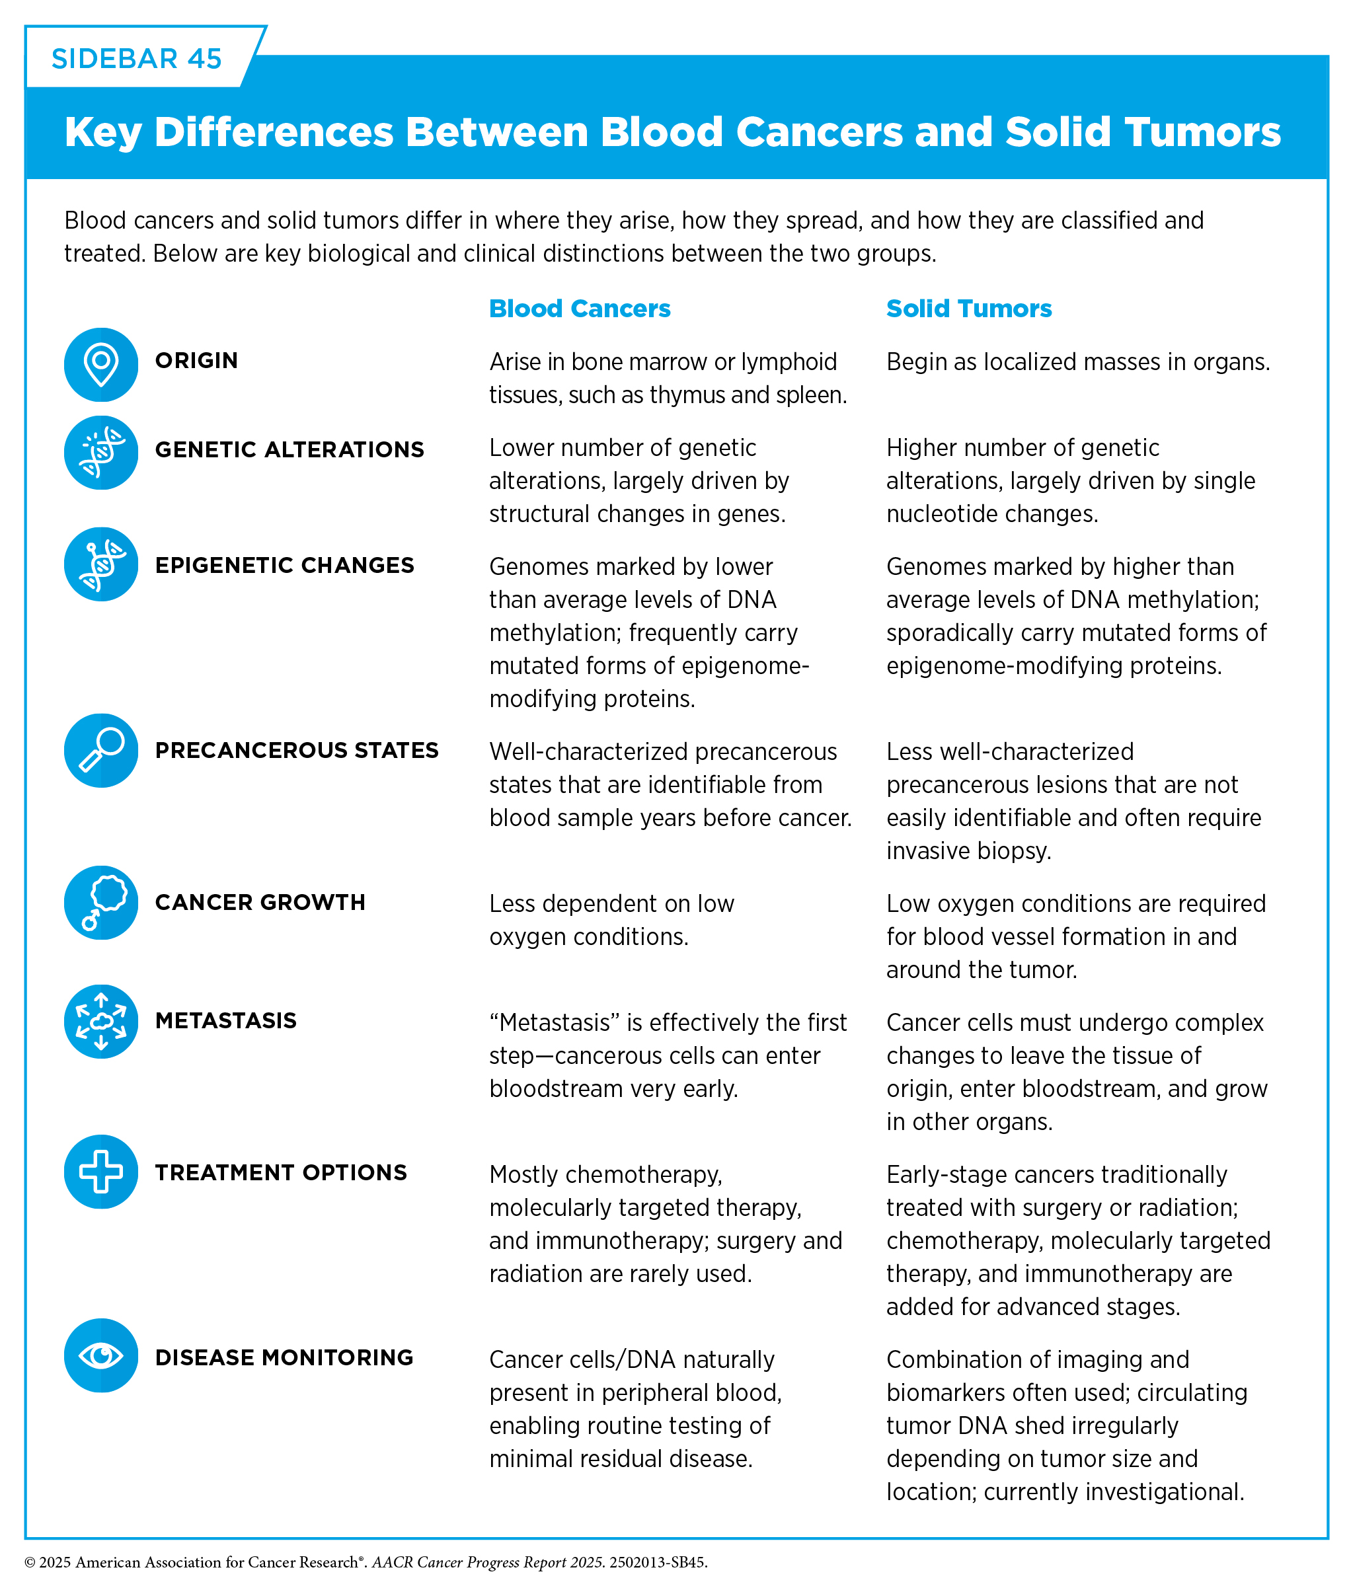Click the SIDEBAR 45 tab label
(x=136, y=59)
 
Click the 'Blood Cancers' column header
(x=580, y=309)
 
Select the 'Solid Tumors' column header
(x=969, y=309)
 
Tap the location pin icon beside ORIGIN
(x=101, y=364)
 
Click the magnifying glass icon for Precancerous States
(x=101, y=750)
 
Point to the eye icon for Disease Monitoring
(x=101, y=1355)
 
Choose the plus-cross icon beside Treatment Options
(x=101, y=1171)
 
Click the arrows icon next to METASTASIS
(x=101, y=1021)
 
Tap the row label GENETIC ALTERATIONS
(x=289, y=449)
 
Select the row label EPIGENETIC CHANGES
(x=285, y=565)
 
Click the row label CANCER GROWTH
(x=260, y=903)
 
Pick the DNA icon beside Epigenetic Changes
(x=101, y=564)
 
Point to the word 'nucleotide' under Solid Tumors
(x=941, y=513)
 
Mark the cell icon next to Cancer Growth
(x=101, y=903)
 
